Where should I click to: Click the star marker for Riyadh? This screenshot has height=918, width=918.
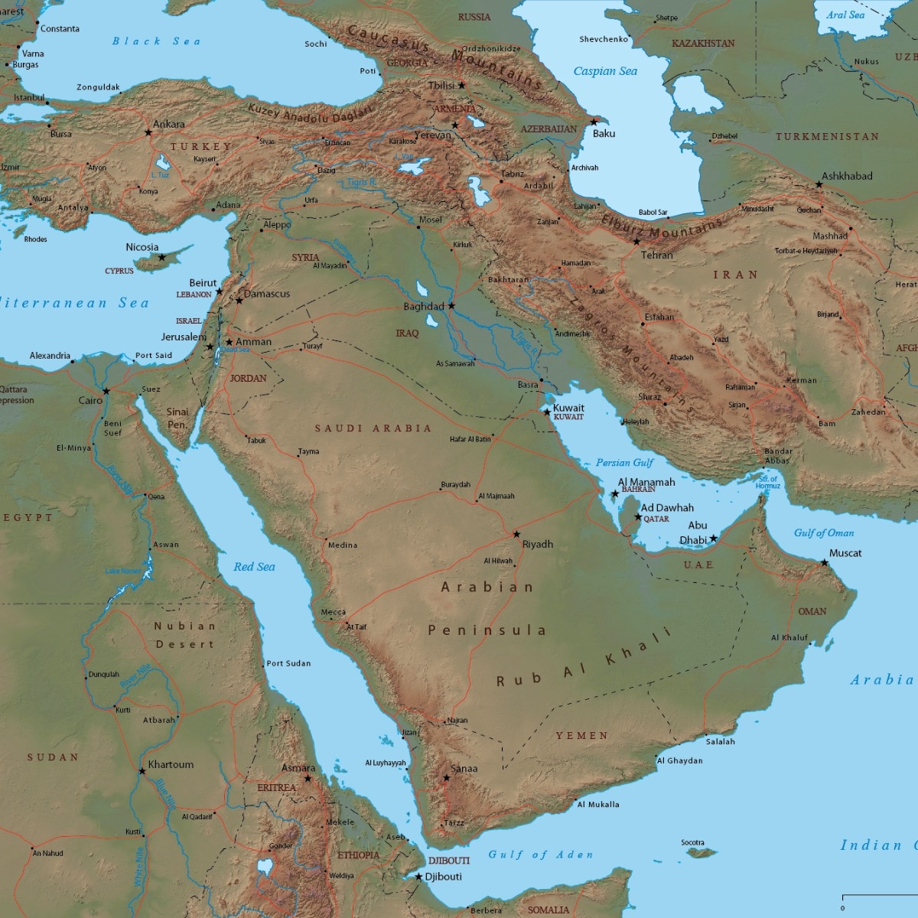pos(516,535)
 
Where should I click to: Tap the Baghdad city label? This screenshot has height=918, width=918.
pos(424,307)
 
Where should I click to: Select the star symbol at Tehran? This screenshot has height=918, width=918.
pos(636,243)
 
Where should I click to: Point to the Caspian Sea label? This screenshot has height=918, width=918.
pos(605,71)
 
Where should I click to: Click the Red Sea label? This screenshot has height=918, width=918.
pos(254,567)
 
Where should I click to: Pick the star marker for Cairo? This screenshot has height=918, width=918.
pos(106,392)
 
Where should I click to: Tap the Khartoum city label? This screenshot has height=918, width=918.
pos(171,764)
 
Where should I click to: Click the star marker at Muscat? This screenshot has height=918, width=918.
pos(825,563)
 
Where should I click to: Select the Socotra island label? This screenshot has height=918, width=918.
pos(692,843)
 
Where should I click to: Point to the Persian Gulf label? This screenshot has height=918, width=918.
pos(624,463)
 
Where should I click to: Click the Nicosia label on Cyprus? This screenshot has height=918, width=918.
pos(142,247)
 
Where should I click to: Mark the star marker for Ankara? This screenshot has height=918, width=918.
pos(148,132)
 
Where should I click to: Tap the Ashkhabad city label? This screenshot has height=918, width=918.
pos(847,176)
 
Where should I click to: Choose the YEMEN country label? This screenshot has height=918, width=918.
pos(582,736)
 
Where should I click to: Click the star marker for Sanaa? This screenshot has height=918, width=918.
pos(447,778)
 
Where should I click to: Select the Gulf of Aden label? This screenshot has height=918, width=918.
pos(541,855)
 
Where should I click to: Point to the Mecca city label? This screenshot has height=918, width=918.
pos(334,612)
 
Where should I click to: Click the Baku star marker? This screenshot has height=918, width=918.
pos(594,122)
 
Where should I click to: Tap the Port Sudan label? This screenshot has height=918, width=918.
pos(288,663)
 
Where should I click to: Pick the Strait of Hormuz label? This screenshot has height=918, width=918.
pos(768,483)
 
